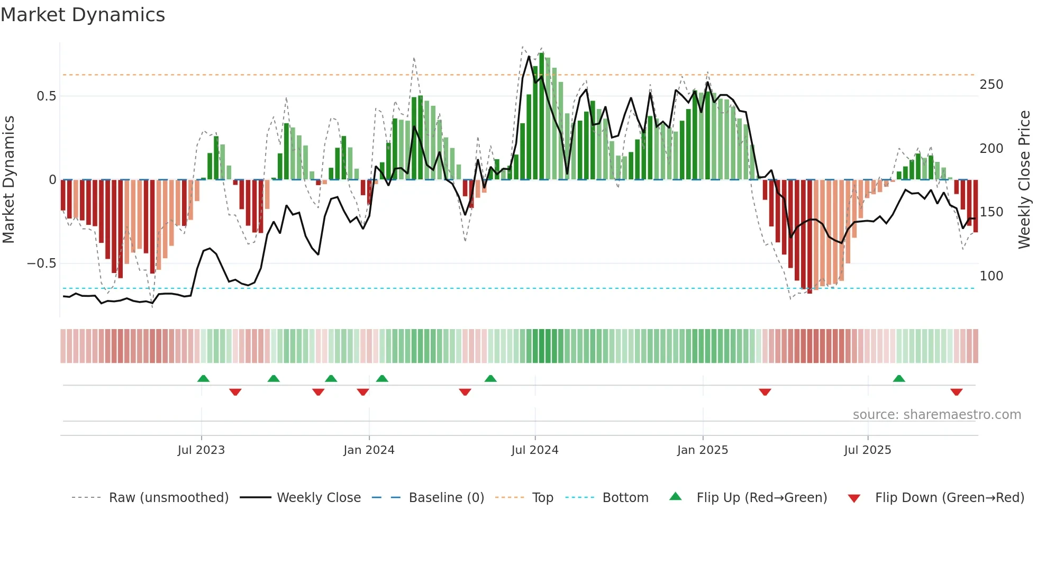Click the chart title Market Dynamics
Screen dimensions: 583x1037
[83, 15]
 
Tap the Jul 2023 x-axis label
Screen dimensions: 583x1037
[201, 450]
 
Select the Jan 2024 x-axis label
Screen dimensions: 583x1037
[369, 450]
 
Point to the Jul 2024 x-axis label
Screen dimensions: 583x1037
[535, 450]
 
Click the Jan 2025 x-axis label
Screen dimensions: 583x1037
[703, 450]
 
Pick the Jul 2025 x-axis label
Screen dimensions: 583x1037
[868, 450]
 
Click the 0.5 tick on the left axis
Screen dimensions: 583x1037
[47, 96]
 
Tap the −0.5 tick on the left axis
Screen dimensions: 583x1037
[42, 263]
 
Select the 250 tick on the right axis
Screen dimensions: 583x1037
[991, 85]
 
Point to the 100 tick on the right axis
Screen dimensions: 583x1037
[991, 276]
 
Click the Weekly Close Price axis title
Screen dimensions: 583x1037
[1024, 180]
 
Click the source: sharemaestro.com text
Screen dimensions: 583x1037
[936, 415]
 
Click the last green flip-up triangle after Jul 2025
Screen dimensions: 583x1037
[899, 378]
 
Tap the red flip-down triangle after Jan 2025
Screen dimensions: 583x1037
[765, 392]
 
